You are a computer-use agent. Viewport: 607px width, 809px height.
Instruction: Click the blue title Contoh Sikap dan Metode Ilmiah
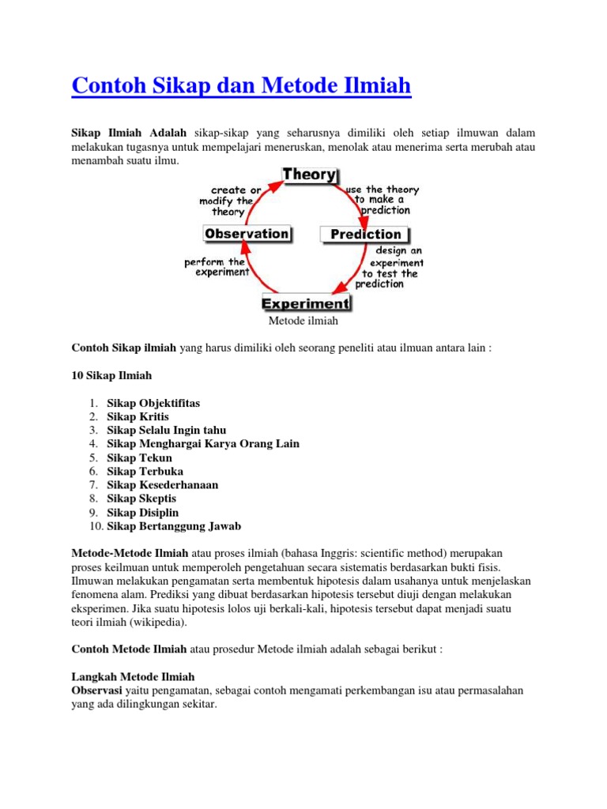pos(241,85)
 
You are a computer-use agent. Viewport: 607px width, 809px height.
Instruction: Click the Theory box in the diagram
pos(309,175)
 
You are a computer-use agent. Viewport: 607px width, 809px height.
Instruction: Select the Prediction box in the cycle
pos(365,234)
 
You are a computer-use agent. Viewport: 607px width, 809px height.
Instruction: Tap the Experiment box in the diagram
pos(306,303)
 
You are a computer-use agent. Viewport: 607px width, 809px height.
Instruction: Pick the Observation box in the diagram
pos(247,234)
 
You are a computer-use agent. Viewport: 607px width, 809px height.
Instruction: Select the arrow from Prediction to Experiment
pos(353,273)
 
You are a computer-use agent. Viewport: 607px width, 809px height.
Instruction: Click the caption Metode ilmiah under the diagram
pos(303,321)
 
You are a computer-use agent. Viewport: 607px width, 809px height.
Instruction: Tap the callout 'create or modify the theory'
pos(233,201)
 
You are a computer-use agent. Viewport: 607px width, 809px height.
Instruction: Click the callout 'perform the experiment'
pos(216,266)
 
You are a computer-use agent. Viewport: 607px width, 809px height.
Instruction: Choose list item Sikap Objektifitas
pos(153,403)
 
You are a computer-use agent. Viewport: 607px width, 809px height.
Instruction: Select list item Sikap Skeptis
pos(141,499)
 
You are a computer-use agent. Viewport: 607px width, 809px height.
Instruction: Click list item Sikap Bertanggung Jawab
pos(174,526)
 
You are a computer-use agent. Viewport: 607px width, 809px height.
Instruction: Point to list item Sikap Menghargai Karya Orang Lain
pos(203,444)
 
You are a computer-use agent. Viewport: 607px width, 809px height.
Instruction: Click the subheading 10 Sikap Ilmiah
pos(111,375)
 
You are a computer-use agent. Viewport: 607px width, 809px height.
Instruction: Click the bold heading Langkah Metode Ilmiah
pos(133,677)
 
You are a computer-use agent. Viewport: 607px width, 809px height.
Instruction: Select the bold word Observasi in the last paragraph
pos(96,690)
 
